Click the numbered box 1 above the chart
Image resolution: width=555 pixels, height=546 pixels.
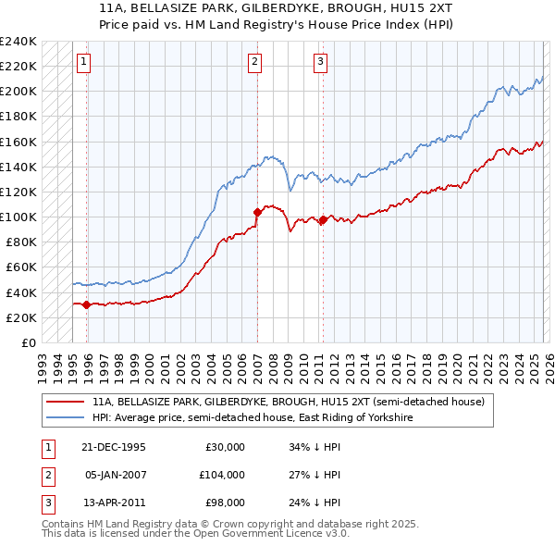tap(83, 62)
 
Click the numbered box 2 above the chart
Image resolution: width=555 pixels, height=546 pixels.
tap(254, 62)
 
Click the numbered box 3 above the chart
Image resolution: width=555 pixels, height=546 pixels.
tap(320, 62)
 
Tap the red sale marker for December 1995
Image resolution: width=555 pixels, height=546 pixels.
tap(87, 304)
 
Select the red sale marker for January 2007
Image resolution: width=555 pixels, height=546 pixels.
tap(257, 212)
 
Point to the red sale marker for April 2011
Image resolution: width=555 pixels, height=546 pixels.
tap(323, 219)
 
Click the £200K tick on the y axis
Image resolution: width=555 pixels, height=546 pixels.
tap(18, 92)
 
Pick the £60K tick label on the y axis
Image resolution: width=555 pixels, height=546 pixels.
tap(20, 267)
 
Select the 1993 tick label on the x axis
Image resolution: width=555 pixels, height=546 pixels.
tap(43, 363)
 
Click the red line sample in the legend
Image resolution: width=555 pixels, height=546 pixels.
tap(65, 403)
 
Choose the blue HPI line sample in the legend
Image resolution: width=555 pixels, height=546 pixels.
tap(65, 417)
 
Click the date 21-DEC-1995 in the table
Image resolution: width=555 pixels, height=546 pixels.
tap(115, 447)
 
